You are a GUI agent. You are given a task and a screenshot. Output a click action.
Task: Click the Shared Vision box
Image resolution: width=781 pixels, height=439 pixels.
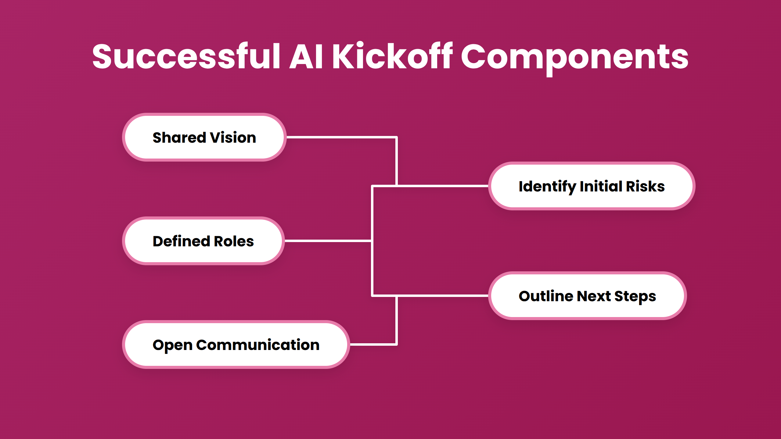click(204, 137)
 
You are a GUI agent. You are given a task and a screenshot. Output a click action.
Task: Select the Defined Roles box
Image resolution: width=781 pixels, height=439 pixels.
click(203, 241)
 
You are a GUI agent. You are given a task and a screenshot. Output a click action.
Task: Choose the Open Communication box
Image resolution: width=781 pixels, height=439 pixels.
click(236, 345)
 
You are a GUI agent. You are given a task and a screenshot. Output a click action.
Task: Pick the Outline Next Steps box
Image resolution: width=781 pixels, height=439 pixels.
click(587, 296)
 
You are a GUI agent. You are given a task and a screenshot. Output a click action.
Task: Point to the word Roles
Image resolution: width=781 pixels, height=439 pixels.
click(234, 241)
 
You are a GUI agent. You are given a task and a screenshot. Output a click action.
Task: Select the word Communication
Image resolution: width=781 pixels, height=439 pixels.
click(258, 345)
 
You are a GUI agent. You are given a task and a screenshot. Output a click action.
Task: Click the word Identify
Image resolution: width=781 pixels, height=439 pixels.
click(547, 186)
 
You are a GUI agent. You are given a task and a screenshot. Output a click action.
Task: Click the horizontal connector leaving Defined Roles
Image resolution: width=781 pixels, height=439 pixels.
click(328, 241)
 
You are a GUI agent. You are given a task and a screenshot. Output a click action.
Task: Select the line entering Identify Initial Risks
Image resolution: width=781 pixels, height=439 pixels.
click(442, 186)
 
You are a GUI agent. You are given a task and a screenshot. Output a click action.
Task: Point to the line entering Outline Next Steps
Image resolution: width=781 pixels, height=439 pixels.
click(442, 295)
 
